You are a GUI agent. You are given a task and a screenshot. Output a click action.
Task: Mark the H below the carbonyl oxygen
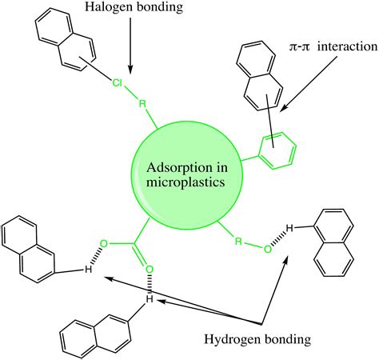148,299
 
